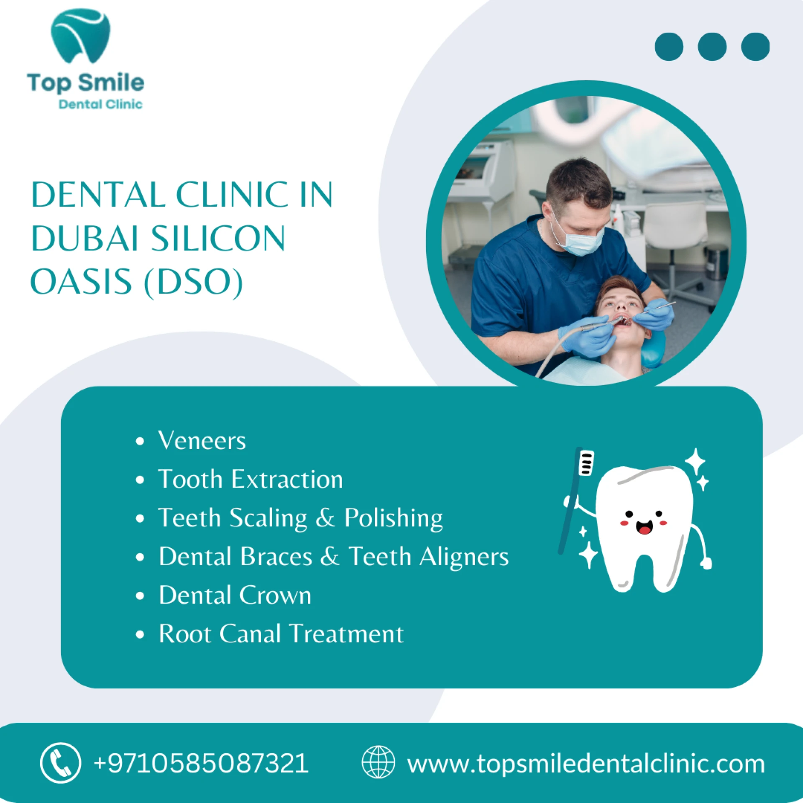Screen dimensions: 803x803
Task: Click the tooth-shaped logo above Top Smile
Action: click(80, 36)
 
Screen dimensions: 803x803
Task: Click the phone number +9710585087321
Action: click(201, 763)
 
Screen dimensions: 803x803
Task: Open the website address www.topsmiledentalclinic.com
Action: click(586, 764)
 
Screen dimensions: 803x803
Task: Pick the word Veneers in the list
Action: click(202, 440)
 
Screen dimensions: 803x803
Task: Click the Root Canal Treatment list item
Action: click(281, 634)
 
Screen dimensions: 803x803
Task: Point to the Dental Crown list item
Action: click(235, 595)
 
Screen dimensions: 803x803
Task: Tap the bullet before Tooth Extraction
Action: click(140, 480)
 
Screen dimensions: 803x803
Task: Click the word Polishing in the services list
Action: click(393, 519)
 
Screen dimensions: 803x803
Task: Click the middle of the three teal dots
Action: click(712, 47)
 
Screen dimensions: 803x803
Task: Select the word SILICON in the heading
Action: click(218, 238)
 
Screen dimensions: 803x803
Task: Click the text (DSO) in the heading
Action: click(193, 283)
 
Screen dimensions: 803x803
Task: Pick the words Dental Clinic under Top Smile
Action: click(100, 104)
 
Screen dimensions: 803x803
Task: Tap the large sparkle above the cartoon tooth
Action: click(695, 461)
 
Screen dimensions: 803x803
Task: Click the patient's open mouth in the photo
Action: click(624, 321)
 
